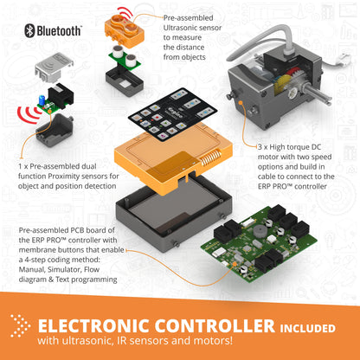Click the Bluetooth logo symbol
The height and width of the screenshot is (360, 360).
[28, 30]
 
